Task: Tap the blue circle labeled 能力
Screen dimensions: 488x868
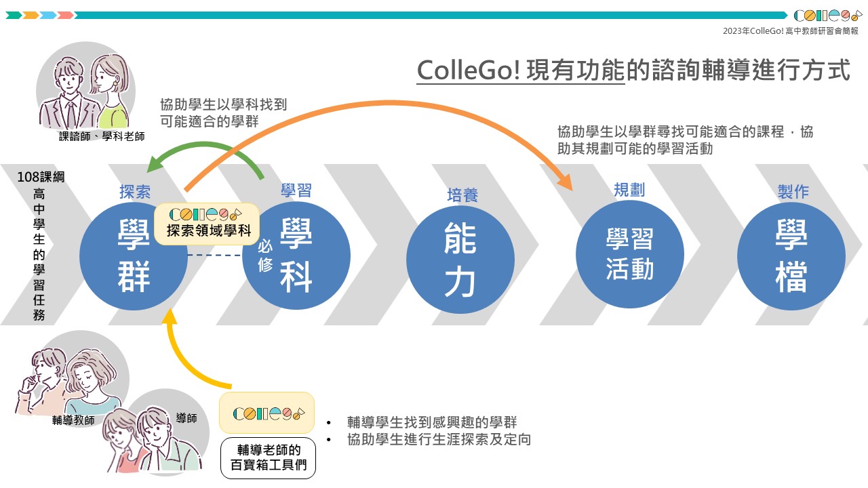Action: pyautogui.click(x=460, y=258)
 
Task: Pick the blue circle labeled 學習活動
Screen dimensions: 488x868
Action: pyautogui.click(x=629, y=255)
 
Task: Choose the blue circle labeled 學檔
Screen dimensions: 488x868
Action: pyautogui.click(x=791, y=256)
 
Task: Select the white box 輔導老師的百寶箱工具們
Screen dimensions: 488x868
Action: pyautogui.click(x=268, y=457)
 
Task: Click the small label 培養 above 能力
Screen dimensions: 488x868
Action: pyautogui.click(x=462, y=195)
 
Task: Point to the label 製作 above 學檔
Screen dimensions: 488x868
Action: pyautogui.click(x=793, y=192)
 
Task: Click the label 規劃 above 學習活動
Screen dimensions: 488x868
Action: pyautogui.click(x=629, y=190)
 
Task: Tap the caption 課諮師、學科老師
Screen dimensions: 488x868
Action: pyautogui.click(x=102, y=136)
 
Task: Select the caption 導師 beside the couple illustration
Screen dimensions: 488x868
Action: pyautogui.click(x=186, y=419)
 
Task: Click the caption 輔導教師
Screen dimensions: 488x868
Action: pyautogui.click(x=73, y=420)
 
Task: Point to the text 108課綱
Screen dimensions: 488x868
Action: pyautogui.click(x=41, y=178)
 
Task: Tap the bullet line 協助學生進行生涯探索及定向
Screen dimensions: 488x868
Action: pyautogui.click(x=438, y=439)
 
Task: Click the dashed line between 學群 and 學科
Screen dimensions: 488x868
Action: pyautogui.click(x=214, y=256)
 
